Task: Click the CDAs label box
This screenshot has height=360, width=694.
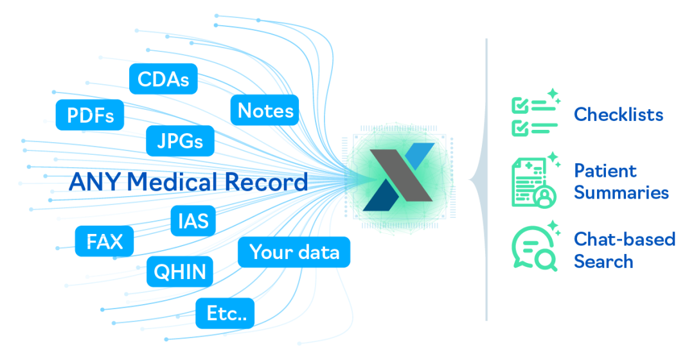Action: (x=163, y=79)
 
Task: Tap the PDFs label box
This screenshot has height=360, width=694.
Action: (x=90, y=116)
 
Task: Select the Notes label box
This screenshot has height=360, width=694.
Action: (x=265, y=111)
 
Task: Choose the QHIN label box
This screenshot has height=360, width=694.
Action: (x=180, y=272)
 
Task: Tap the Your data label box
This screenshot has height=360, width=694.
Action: (x=294, y=252)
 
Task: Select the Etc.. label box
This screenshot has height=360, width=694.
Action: (x=226, y=314)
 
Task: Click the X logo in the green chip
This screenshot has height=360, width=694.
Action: (x=398, y=177)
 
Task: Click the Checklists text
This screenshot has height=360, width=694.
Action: (x=618, y=115)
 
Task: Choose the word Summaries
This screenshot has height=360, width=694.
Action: (x=621, y=192)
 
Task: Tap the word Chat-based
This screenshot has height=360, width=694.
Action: (x=624, y=240)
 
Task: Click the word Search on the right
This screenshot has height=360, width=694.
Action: (x=603, y=262)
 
